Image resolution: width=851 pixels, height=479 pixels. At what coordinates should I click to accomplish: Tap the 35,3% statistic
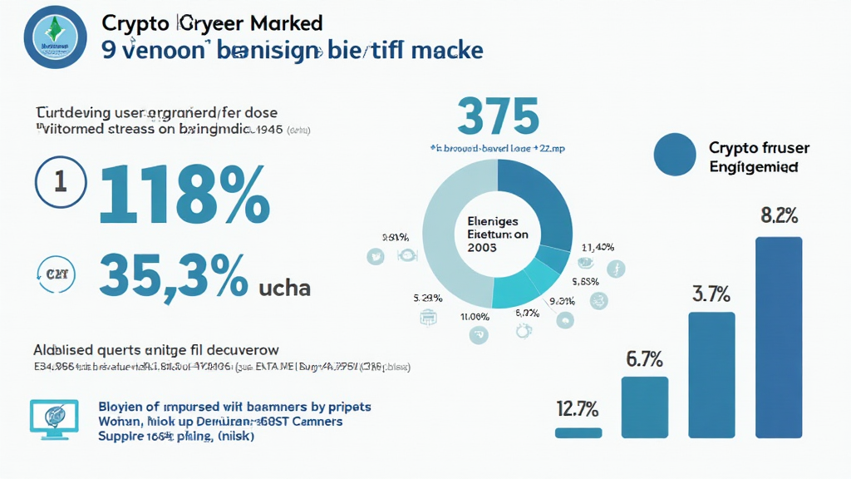[173, 277]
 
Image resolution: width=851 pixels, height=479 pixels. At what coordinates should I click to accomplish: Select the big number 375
[498, 118]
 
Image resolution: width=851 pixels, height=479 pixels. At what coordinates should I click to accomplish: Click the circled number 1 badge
[60, 183]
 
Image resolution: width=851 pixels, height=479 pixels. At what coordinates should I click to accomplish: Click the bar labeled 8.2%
[779, 337]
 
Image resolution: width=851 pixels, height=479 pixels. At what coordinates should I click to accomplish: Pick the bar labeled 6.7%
[644, 407]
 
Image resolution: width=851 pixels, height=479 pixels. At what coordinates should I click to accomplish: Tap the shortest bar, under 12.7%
[578, 432]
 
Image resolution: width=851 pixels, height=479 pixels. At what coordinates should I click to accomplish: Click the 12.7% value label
[577, 408]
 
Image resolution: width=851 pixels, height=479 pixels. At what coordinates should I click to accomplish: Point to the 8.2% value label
[780, 216]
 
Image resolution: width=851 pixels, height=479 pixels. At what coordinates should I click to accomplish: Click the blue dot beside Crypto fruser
[675, 155]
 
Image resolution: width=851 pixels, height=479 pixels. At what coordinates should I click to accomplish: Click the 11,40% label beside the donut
[598, 247]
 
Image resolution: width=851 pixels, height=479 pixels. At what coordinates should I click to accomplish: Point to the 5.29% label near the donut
[426, 297]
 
